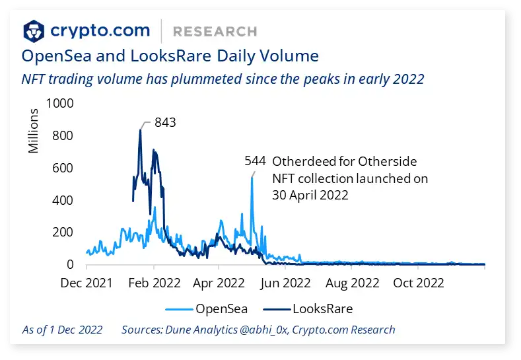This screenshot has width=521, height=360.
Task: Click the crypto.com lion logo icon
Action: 34,30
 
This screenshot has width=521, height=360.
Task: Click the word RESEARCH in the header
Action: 214,31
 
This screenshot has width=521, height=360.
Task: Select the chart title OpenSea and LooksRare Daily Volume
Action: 170,55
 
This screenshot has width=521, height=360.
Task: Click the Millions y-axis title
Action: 33,131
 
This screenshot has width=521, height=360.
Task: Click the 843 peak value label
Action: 166,122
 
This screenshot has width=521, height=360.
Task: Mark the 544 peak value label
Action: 255,161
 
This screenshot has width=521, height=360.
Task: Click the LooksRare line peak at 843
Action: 140,130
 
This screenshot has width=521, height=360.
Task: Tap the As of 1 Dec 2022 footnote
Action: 62,330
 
